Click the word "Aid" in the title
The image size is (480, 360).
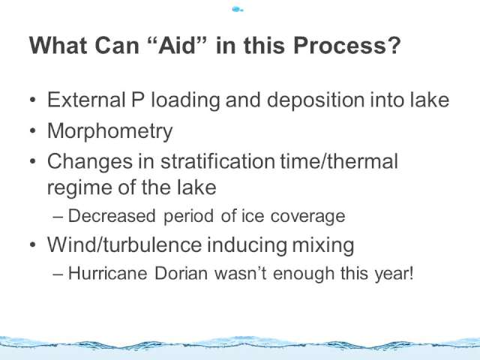pyautogui.click(x=177, y=45)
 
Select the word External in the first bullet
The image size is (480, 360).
pyautogui.click(x=86, y=100)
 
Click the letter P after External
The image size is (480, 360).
pyautogui.click(x=138, y=100)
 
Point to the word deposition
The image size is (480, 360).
pyautogui.click(x=316, y=100)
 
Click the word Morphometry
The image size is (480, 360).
pyautogui.click(x=110, y=131)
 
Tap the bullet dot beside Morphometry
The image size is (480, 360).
pyautogui.click(x=33, y=130)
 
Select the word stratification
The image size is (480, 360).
pyautogui.click(x=217, y=161)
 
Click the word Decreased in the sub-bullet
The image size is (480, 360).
pyautogui.click(x=112, y=216)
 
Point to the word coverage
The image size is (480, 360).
pyautogui.click(x=307, y=217)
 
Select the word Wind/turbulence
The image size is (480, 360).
pyautogui.click(x=124, y=245)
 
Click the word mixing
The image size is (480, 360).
pyautogui.click(x=323, y=245)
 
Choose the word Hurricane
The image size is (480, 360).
pyautogui.click(x=107, y=273)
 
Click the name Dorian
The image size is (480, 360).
pyautogui.click(x=181, y=273)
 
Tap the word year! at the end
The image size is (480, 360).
pyautogui.click(x=394, y=274)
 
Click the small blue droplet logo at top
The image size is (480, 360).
pyautogui.click(x=238, y=10)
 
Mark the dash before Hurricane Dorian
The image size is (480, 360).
pyautogui.click(x=58, y=274)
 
